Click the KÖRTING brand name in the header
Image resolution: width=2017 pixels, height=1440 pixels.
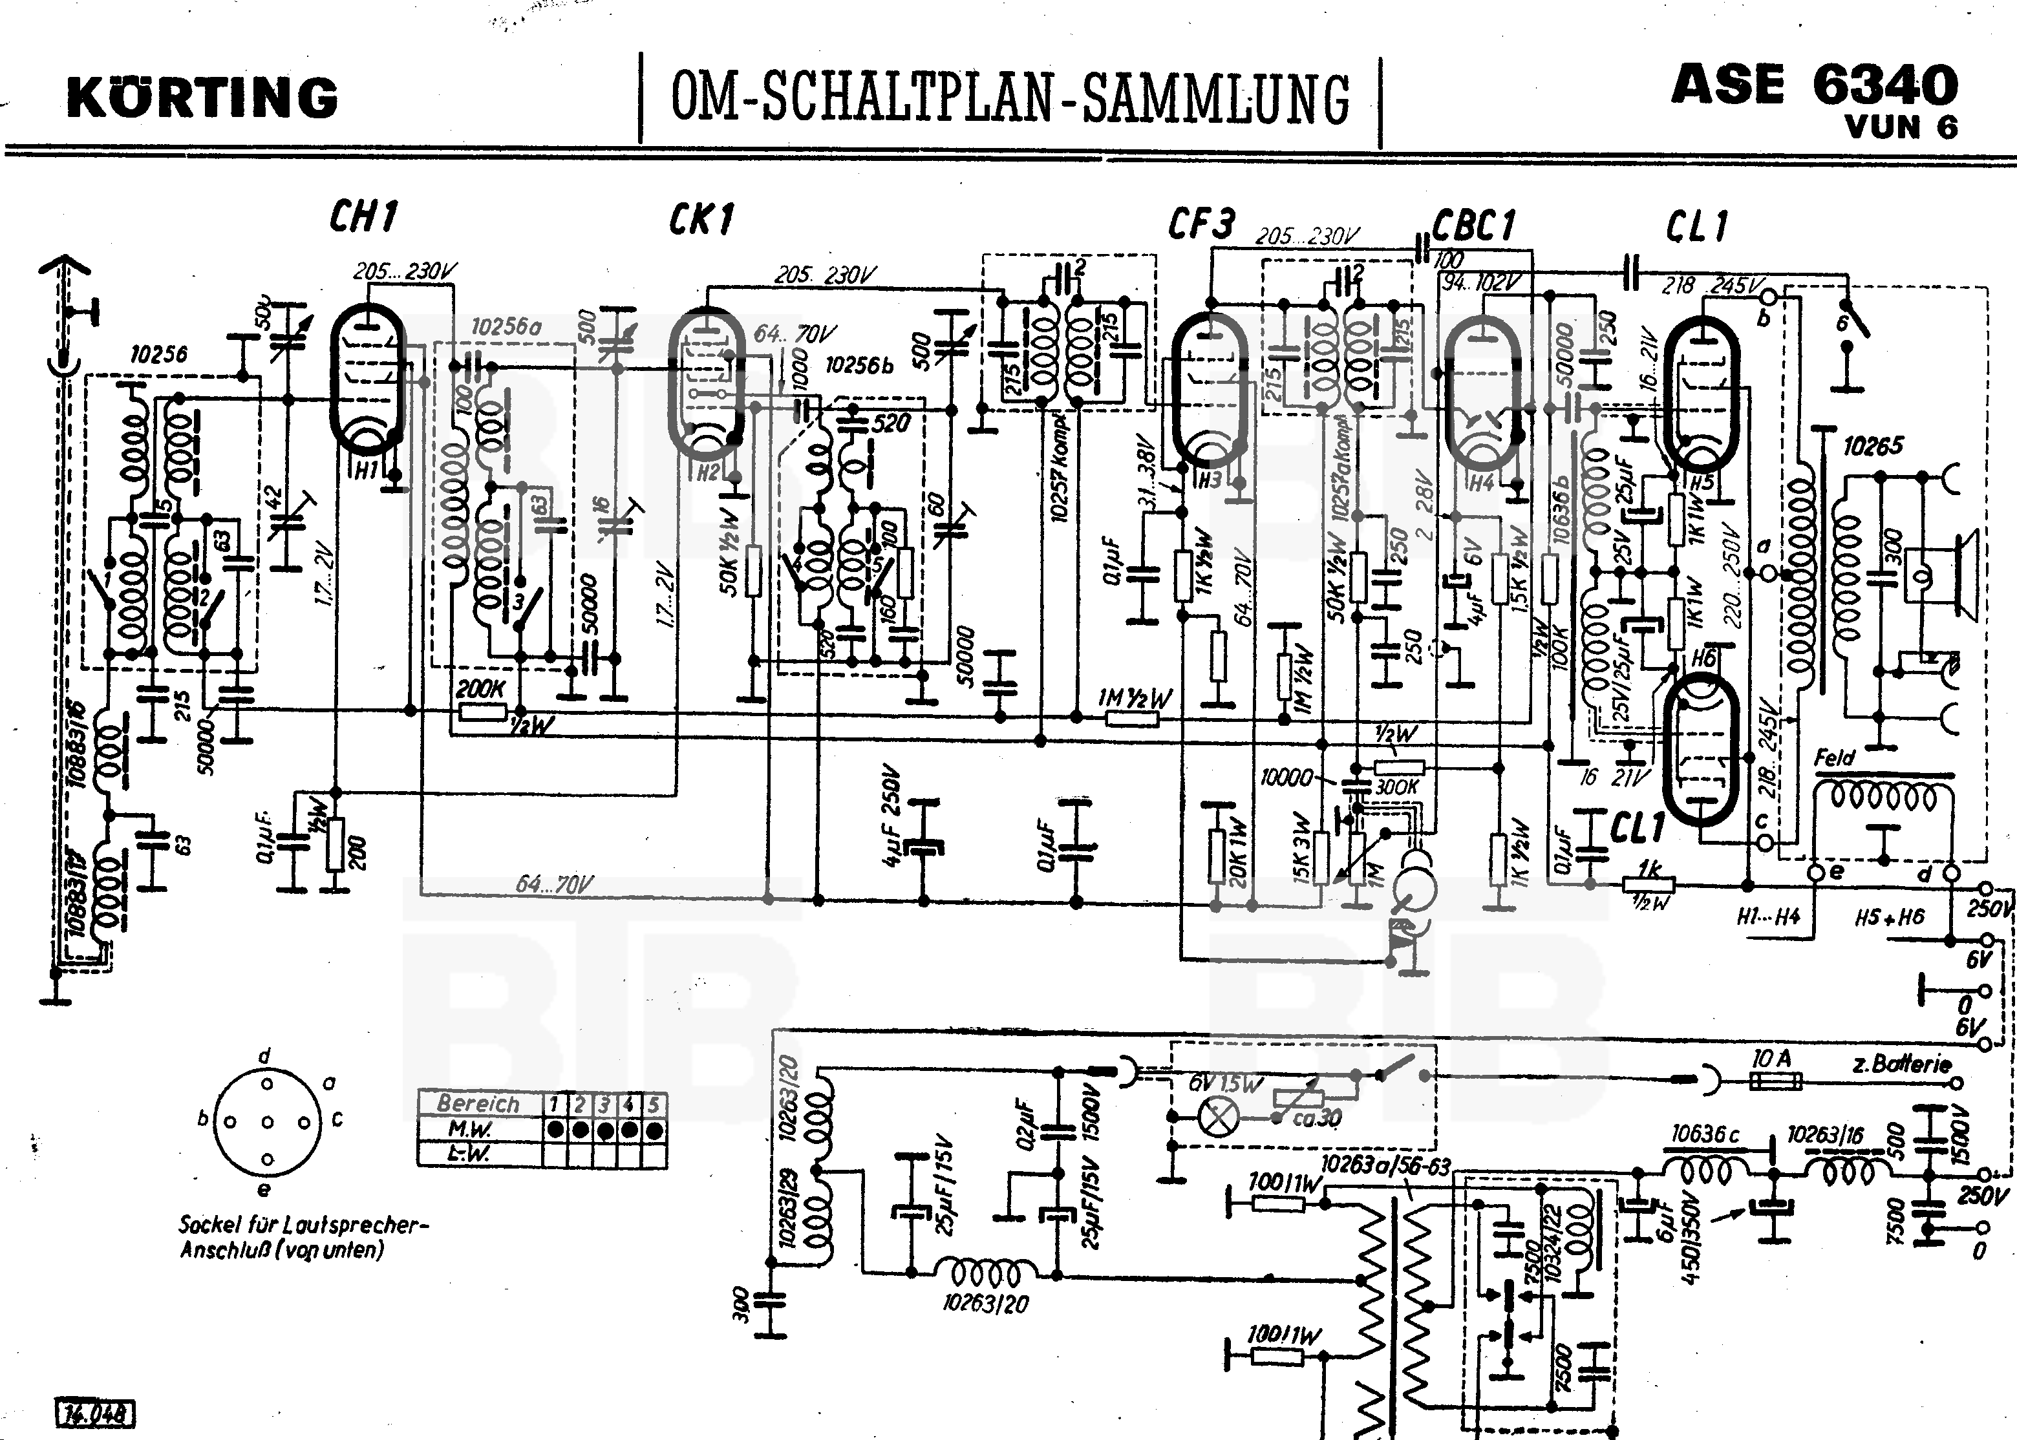pos(202,98)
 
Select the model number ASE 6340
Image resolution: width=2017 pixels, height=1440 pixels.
pos(1814,85)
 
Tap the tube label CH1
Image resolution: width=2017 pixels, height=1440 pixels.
pos(364,217)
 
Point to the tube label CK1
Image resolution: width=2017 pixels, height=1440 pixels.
pos(701,220)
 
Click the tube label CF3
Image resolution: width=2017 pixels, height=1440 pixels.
pos(1201,224)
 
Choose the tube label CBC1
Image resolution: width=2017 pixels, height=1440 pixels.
pos(1474,227)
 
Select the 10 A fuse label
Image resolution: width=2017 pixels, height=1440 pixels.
pos(1772,1059)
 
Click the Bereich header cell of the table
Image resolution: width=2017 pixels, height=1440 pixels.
pos(478,1104)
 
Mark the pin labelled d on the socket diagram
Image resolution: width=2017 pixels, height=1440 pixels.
pos(264,1056)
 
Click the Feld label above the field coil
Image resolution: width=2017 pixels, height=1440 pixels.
pos(1834,758)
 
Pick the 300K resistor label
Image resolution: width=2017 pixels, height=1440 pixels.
pos(1397,787)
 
